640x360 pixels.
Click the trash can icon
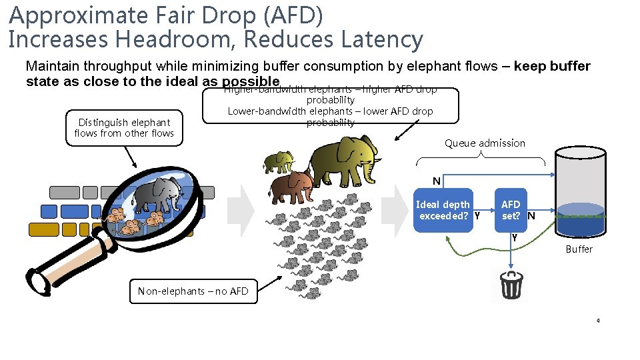coord(511,285)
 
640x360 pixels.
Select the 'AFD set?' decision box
coord(511,210)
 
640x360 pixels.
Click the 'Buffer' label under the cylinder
coord(579,249)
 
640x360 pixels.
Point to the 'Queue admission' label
coord(485,143)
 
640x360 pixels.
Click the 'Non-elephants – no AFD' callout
coord(193,291)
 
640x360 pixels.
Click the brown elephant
coord(291,186)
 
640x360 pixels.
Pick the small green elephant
coord(279,162)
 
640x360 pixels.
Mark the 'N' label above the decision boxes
coord(436,181)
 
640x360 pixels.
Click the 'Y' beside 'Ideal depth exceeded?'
coord(477,215)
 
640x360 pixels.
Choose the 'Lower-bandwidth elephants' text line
coord(330,111)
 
